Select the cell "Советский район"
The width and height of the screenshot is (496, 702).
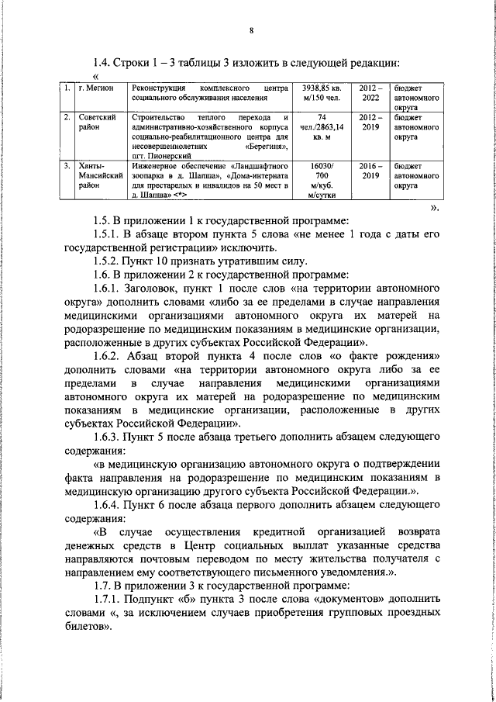point(97,122)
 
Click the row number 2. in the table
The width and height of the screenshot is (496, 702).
point(68,117)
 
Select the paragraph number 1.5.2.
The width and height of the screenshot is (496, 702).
point(109,260)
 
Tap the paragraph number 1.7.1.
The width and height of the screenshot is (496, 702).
point(109,600)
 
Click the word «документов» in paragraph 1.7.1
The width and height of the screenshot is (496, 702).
point(340,600)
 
